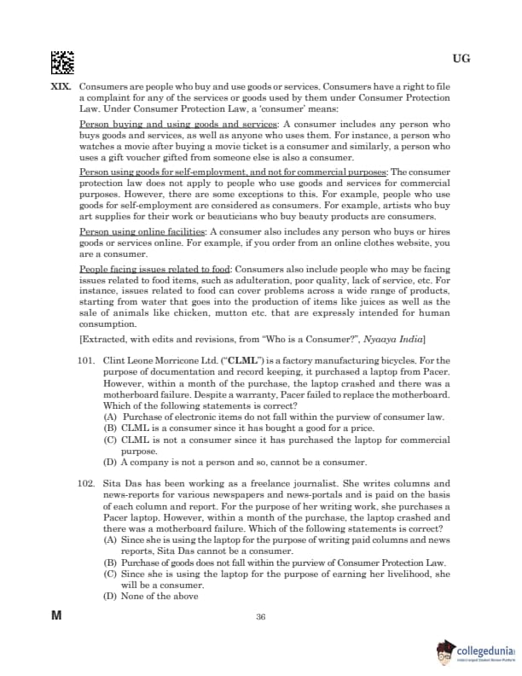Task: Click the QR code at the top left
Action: (x=62, y=61)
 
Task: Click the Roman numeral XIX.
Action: (x=62, y=87)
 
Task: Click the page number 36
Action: (x=261, y=617)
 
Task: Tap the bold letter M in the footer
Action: (x=57, y=615)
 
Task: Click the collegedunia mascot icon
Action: (x=447, y=652)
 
